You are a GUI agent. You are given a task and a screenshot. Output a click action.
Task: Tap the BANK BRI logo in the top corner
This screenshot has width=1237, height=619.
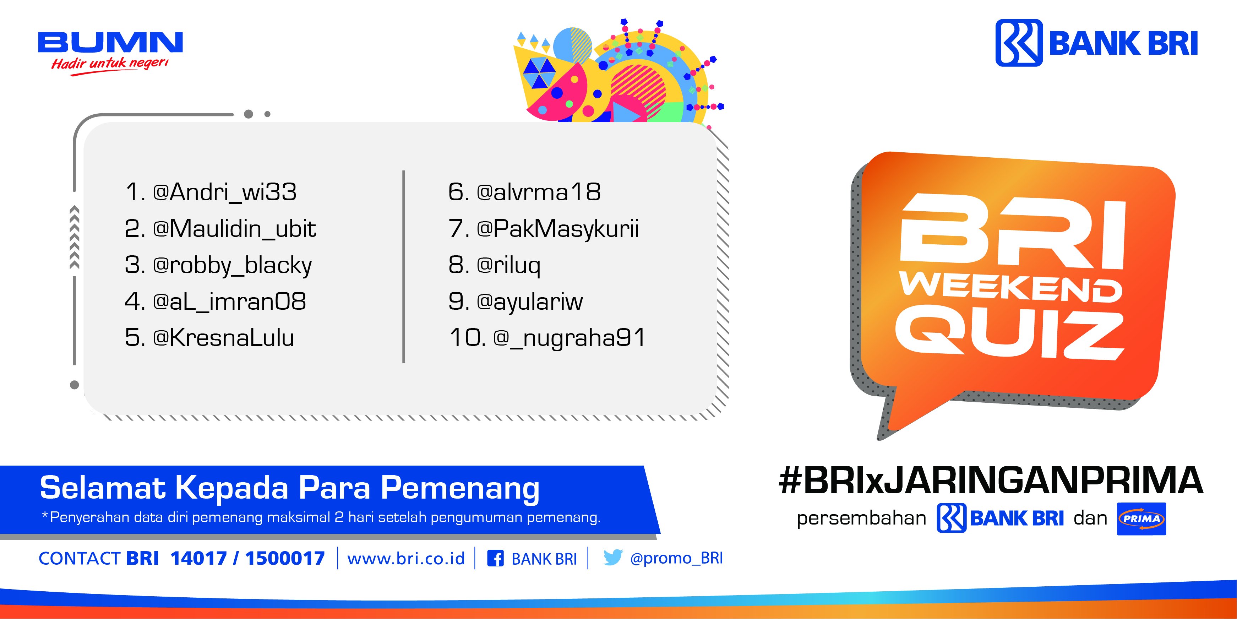(1096, 43)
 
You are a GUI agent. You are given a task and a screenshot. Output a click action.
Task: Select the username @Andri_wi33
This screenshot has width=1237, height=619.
(224, 192)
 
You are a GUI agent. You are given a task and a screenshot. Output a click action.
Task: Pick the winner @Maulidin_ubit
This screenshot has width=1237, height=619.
(234, 229)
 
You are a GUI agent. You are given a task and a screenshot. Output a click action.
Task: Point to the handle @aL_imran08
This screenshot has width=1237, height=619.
(229, 302)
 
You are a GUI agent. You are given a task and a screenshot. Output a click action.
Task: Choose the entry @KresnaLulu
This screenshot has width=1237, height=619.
(223, 338)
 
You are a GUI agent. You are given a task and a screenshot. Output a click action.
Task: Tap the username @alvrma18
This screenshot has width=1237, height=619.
(538, 192)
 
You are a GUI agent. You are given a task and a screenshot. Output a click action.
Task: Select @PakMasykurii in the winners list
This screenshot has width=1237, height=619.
(557, 229)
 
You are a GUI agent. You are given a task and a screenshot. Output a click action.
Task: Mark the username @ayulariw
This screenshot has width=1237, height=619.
(530, 302)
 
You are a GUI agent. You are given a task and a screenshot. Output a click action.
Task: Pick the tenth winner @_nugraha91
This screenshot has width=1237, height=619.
(569, 338)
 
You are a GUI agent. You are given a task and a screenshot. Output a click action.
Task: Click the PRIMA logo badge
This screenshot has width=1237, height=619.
(1141, 518)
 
